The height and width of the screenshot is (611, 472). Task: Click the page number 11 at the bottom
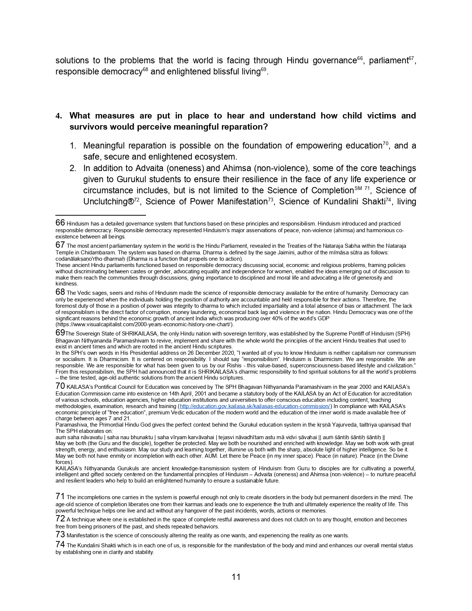236,577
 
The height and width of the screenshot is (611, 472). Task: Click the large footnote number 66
60,223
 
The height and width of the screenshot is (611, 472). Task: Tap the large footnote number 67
60,245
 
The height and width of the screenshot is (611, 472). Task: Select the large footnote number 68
60,292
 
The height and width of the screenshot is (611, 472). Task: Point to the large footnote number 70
60,386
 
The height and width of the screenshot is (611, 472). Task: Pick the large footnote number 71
60,497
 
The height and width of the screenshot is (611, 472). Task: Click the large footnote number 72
60,519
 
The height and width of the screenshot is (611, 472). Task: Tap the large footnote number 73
60,534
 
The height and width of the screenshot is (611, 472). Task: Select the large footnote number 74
60,545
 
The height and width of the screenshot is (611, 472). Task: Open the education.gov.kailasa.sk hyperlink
255,406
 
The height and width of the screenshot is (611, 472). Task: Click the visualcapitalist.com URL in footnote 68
144,325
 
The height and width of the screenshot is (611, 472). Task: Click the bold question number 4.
58,116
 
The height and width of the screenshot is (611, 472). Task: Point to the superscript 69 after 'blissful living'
264,69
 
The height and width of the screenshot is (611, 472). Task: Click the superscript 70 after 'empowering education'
385,143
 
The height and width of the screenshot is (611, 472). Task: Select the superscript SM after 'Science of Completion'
358,188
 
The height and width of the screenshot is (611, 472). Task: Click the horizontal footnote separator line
100,215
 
